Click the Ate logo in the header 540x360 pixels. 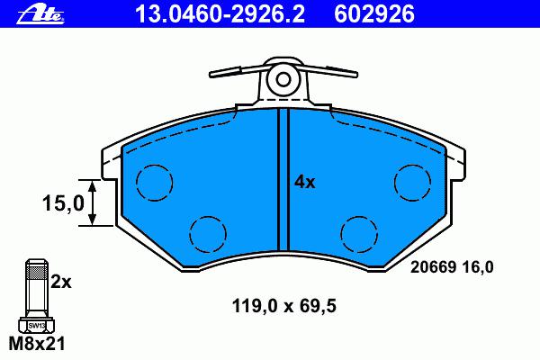click(x=40, y=15)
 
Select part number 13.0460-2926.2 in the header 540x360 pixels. click(x=220, y=14)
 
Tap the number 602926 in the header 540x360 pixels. click(x=374, y=14)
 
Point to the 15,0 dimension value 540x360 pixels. click(x=63, y=202)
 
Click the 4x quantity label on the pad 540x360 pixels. click(x=304, y=182)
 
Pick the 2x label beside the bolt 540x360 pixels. click(x=61, y=282)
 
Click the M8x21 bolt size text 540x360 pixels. click(x=37, y=343)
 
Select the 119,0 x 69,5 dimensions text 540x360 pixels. click(x=284, y=306)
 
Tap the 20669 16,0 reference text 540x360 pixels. click(x=452, y=267)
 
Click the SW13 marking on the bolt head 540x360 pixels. click(x=37, y=325)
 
